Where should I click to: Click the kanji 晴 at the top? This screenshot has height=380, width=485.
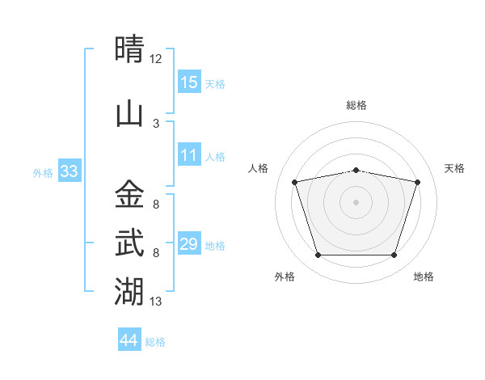[129, 49]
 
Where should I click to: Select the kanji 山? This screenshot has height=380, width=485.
[129, 115]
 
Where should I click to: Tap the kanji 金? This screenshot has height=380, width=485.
[129, 194]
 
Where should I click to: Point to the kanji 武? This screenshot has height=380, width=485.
[129, 243]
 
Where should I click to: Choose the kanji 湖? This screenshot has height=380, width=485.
[129, 291]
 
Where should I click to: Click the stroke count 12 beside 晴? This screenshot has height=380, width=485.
[155, 59]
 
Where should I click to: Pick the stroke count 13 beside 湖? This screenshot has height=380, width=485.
[155, 302]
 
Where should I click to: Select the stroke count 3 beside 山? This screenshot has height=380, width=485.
[156, 124]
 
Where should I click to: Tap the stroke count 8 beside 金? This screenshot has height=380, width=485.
[156, 205]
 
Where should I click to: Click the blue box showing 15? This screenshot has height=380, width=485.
[189, 81]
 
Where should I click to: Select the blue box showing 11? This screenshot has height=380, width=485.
[189, 154]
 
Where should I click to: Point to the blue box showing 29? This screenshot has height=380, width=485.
[189, 243]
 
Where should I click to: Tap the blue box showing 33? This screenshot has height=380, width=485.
[70, 170]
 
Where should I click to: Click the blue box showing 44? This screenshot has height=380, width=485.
[129, 339]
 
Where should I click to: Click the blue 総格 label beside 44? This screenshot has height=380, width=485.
[155, 342]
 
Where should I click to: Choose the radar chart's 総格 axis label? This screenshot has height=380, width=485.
[356, 105]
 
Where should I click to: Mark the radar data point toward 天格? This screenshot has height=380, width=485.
[418, 182]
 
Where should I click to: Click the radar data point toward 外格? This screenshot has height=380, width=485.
[318, 255]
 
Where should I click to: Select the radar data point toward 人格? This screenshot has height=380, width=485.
[295, 182]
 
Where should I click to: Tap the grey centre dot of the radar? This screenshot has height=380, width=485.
[356, 202]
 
